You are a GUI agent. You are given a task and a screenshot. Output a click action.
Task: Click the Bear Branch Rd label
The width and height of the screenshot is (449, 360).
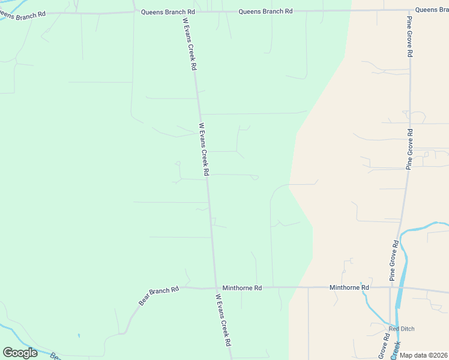tap(159, 296)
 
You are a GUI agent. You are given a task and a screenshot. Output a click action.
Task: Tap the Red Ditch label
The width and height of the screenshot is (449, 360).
tap(402, 329)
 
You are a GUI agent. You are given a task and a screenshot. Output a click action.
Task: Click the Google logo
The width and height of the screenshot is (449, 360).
tap(20, 353)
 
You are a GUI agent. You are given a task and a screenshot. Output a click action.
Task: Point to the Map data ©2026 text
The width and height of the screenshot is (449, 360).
tap(423, 355)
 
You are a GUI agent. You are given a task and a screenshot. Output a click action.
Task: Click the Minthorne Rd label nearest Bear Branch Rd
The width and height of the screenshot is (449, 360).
tap(242, 288)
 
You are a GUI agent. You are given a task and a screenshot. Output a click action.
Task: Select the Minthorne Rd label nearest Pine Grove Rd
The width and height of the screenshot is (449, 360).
tap(349, 287)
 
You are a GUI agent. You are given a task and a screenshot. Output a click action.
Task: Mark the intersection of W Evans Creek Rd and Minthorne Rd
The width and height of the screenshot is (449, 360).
tap(216, 287)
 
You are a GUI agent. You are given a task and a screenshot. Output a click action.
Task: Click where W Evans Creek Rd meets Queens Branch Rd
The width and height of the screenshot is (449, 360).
tap(183, 11)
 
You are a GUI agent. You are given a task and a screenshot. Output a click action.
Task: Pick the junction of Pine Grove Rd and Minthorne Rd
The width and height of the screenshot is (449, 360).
tap(391, 288)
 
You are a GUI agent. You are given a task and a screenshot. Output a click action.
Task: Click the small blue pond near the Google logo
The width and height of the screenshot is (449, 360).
tap(78, 335)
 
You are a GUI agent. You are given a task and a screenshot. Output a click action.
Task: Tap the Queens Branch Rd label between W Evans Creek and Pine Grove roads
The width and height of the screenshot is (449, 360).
tap(265, 11)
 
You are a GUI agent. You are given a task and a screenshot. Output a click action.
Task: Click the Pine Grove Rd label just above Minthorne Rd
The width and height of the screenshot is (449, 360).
tap(394, 260)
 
